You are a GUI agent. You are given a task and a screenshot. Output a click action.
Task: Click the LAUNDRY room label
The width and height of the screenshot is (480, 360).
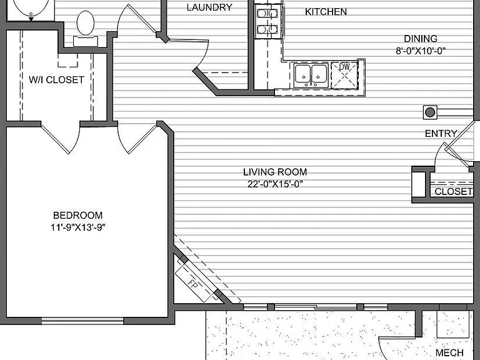click(209, 7)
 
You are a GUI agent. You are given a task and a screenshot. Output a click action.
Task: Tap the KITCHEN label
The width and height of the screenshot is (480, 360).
click(326, 12)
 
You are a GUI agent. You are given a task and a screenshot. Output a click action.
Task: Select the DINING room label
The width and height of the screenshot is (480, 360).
click(421, 39)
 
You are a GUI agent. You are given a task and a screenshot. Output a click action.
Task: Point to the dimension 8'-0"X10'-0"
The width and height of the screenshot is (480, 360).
click(421, 51)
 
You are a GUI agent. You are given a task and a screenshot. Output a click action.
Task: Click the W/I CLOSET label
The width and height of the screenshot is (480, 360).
click(56, 80)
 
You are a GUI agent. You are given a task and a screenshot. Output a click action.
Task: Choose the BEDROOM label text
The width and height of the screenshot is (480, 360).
click(77, 216)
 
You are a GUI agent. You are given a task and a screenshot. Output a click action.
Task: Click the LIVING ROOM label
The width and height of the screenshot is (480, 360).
click(275, 172)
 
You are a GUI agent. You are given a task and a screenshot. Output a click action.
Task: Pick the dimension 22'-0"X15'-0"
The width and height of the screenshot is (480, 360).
click(275, 184)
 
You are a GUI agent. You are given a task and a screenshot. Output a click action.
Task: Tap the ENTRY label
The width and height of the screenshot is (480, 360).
click(441, 134)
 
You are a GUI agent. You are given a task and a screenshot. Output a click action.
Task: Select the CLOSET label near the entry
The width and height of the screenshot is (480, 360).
click(453, 192)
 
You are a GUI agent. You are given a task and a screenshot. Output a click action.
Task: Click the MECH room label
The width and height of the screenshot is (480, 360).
click(449, 352)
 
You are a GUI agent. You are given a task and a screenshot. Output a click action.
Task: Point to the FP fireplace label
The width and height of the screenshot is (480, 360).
click(192, 284)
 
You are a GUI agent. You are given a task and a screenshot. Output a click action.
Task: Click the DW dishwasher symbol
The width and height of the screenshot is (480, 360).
click(345, 76)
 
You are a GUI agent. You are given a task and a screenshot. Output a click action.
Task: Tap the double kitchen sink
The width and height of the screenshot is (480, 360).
click(311, 75)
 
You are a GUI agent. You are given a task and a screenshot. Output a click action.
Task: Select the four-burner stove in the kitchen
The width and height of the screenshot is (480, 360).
click(267, 21)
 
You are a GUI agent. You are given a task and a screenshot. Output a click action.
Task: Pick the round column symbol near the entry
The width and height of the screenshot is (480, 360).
click(430, 112)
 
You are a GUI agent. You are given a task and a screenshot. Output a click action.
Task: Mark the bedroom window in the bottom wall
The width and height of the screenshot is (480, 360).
click(82, 321)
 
